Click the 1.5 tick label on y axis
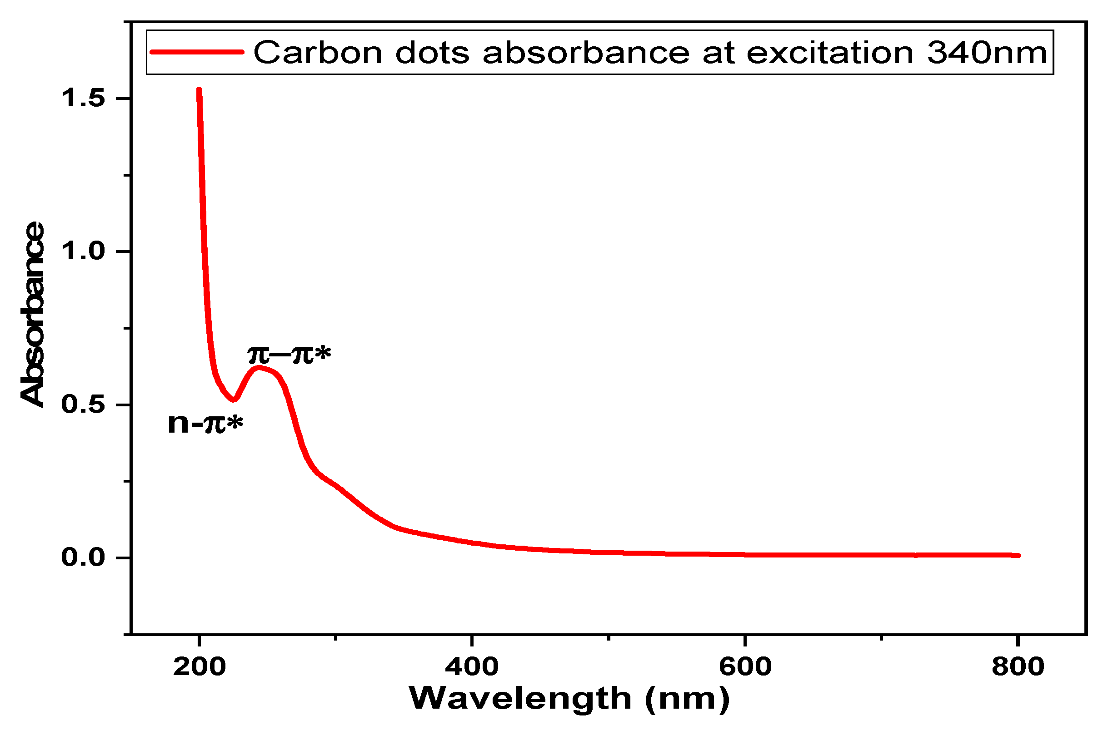click(x=83, y=99)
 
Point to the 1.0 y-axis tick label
click(x=83, y=252)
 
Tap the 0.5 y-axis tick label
click(x=83, y=404)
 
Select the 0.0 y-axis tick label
click(x=83, y=557)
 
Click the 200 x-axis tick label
click(x=200, y=667)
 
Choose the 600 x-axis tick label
click(x=745, y=667)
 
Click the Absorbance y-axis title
click(x=33, y=314)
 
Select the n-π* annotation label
click(x=205, y=423)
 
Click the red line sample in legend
click(x=197, y=52)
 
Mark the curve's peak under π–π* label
click(x=258, y=368)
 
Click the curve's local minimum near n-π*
click(x=233, y=400)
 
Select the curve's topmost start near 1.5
click(x=200, y=90)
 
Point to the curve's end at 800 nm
click(x=1018, y=556)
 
